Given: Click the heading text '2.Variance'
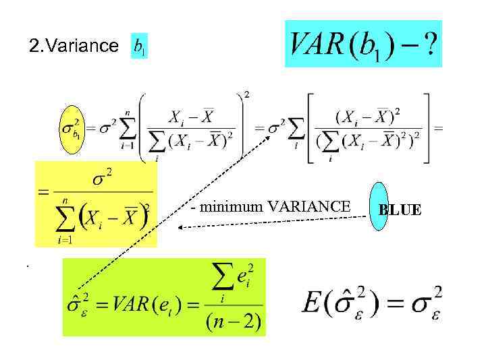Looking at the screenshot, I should (x=74, y=46).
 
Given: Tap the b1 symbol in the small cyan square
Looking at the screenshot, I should (x=139, y=46).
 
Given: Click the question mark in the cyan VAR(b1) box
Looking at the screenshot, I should (x=427, y=45).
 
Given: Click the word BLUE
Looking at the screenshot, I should (x=400, y=210).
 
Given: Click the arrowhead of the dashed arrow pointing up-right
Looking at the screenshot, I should (x=269, y=136).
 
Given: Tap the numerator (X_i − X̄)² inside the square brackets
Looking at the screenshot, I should (x=367, y=115).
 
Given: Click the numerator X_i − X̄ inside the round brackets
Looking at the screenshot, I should (x=191, y=117).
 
